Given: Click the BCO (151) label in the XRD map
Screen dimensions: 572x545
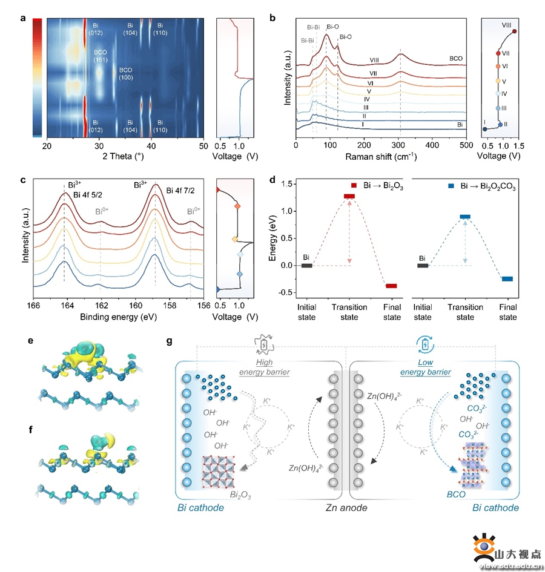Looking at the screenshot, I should click(101, 56).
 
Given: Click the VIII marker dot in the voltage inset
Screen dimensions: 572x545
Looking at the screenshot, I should click(514, 31).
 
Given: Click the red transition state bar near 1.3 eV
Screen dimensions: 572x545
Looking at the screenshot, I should click(349, 196).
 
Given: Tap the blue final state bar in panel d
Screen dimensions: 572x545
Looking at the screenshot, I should click(507, 279).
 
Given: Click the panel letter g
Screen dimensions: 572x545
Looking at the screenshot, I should click(170, 342).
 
